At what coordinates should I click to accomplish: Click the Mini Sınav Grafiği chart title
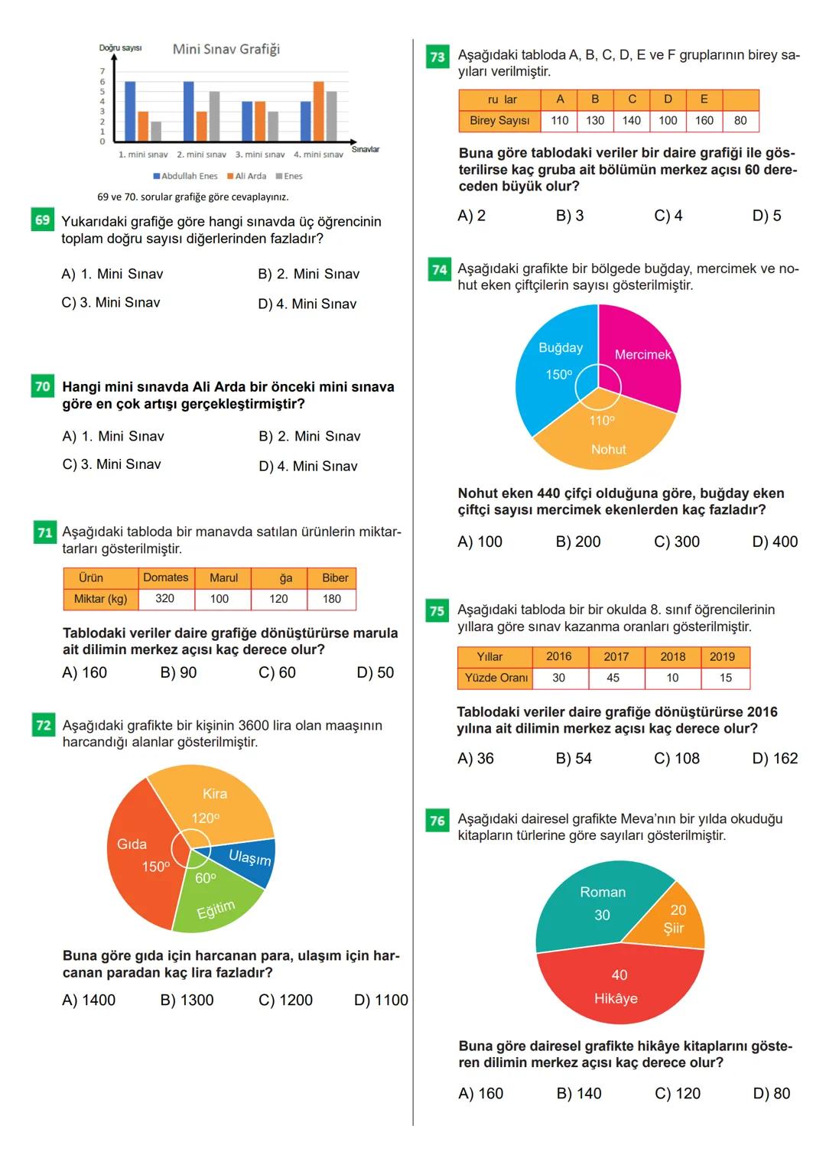226,49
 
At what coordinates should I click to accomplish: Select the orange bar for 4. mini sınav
318,112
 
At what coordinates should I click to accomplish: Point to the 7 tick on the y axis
102,71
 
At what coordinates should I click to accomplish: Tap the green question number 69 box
43,220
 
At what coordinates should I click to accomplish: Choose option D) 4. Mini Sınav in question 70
308,466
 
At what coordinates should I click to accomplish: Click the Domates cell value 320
164,598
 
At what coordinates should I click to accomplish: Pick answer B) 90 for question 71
178,672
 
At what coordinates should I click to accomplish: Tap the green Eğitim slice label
216,909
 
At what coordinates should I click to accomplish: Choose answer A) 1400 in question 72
89,1000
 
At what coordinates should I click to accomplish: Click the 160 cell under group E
704,120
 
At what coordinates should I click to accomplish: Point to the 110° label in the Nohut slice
602,420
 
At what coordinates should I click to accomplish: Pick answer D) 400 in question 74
774,542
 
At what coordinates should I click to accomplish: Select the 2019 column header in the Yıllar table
722,656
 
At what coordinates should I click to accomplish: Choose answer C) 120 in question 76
678,1093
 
